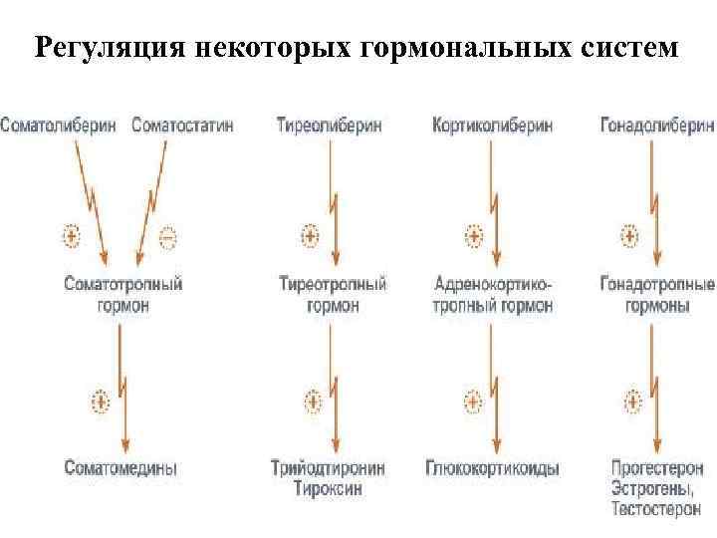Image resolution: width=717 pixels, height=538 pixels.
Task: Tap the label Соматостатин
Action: [x=182, y=126]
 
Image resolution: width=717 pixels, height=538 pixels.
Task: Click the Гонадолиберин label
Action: [x=657, y=126]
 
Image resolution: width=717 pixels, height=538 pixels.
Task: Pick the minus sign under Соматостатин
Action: [x=167, y=237]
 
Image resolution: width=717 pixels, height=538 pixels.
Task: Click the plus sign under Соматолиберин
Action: [x=71, y=237]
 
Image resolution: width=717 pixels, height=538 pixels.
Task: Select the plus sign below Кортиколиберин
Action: [x=474, y=237]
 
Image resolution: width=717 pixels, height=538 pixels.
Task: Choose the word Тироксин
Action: [x=328, y=488]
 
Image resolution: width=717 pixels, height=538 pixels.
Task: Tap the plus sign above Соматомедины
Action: [x=100, y=402]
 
